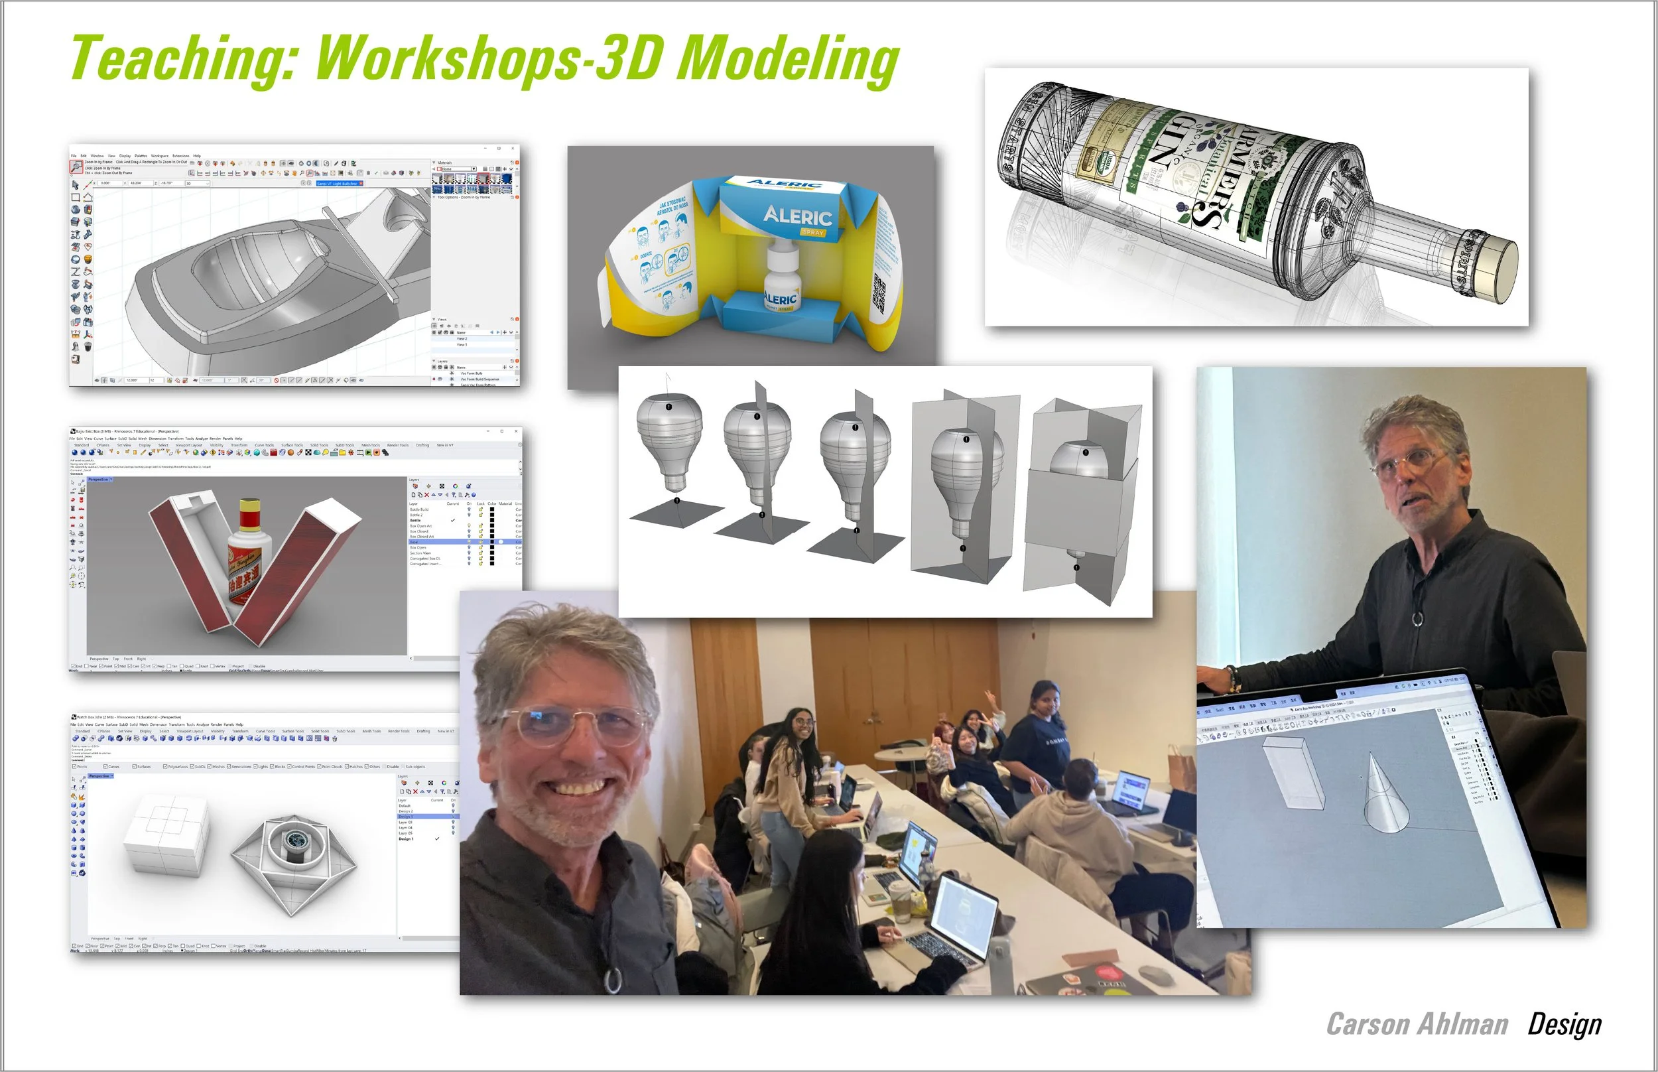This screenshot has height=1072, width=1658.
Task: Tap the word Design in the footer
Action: [x=1564, y=1025]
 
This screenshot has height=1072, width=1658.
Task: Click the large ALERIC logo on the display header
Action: [x=797, y=216]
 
